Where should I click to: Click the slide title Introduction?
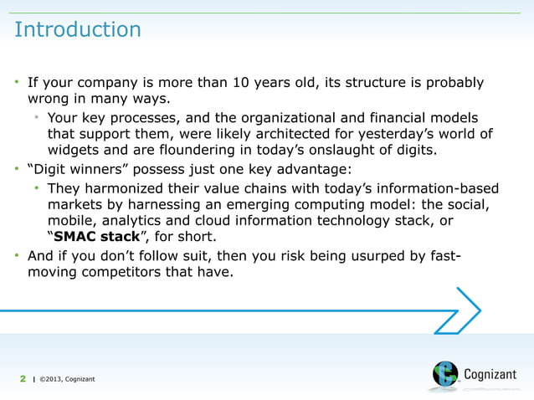pyautogui.click(x=78, y=30)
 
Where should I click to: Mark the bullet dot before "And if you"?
pyautogui.click(x=18, y=256)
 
